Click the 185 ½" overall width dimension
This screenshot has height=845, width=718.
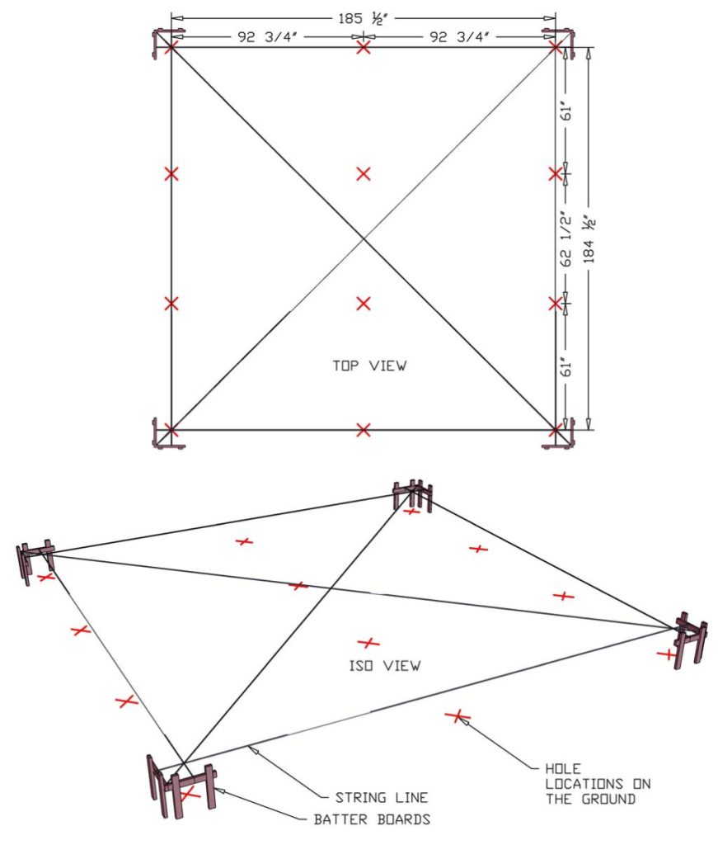363,16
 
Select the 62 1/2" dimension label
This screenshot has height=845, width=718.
565,238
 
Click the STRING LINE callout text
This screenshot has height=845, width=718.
381,798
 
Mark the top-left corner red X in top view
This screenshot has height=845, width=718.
171,47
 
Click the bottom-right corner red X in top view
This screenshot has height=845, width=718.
556,429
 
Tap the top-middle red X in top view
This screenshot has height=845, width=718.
364,48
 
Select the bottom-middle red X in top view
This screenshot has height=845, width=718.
364,429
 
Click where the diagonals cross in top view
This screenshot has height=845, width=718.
364,238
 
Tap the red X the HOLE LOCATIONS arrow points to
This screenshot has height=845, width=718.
453,715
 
